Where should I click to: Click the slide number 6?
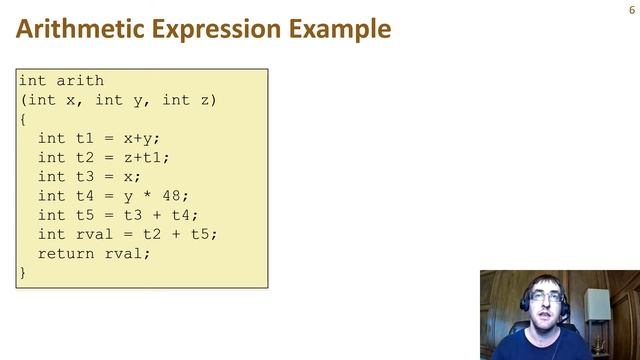point(631,9)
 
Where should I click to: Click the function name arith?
point(80,81)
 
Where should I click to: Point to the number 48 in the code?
point(171,195)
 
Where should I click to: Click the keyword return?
point(66,252)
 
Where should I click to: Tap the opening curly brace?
point(23,119)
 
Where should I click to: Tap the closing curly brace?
point(23,271)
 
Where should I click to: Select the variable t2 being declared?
point(85,157)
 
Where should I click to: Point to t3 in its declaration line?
point(85,176)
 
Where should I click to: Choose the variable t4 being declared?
point(85,195)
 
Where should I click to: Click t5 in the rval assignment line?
point(199,233)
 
